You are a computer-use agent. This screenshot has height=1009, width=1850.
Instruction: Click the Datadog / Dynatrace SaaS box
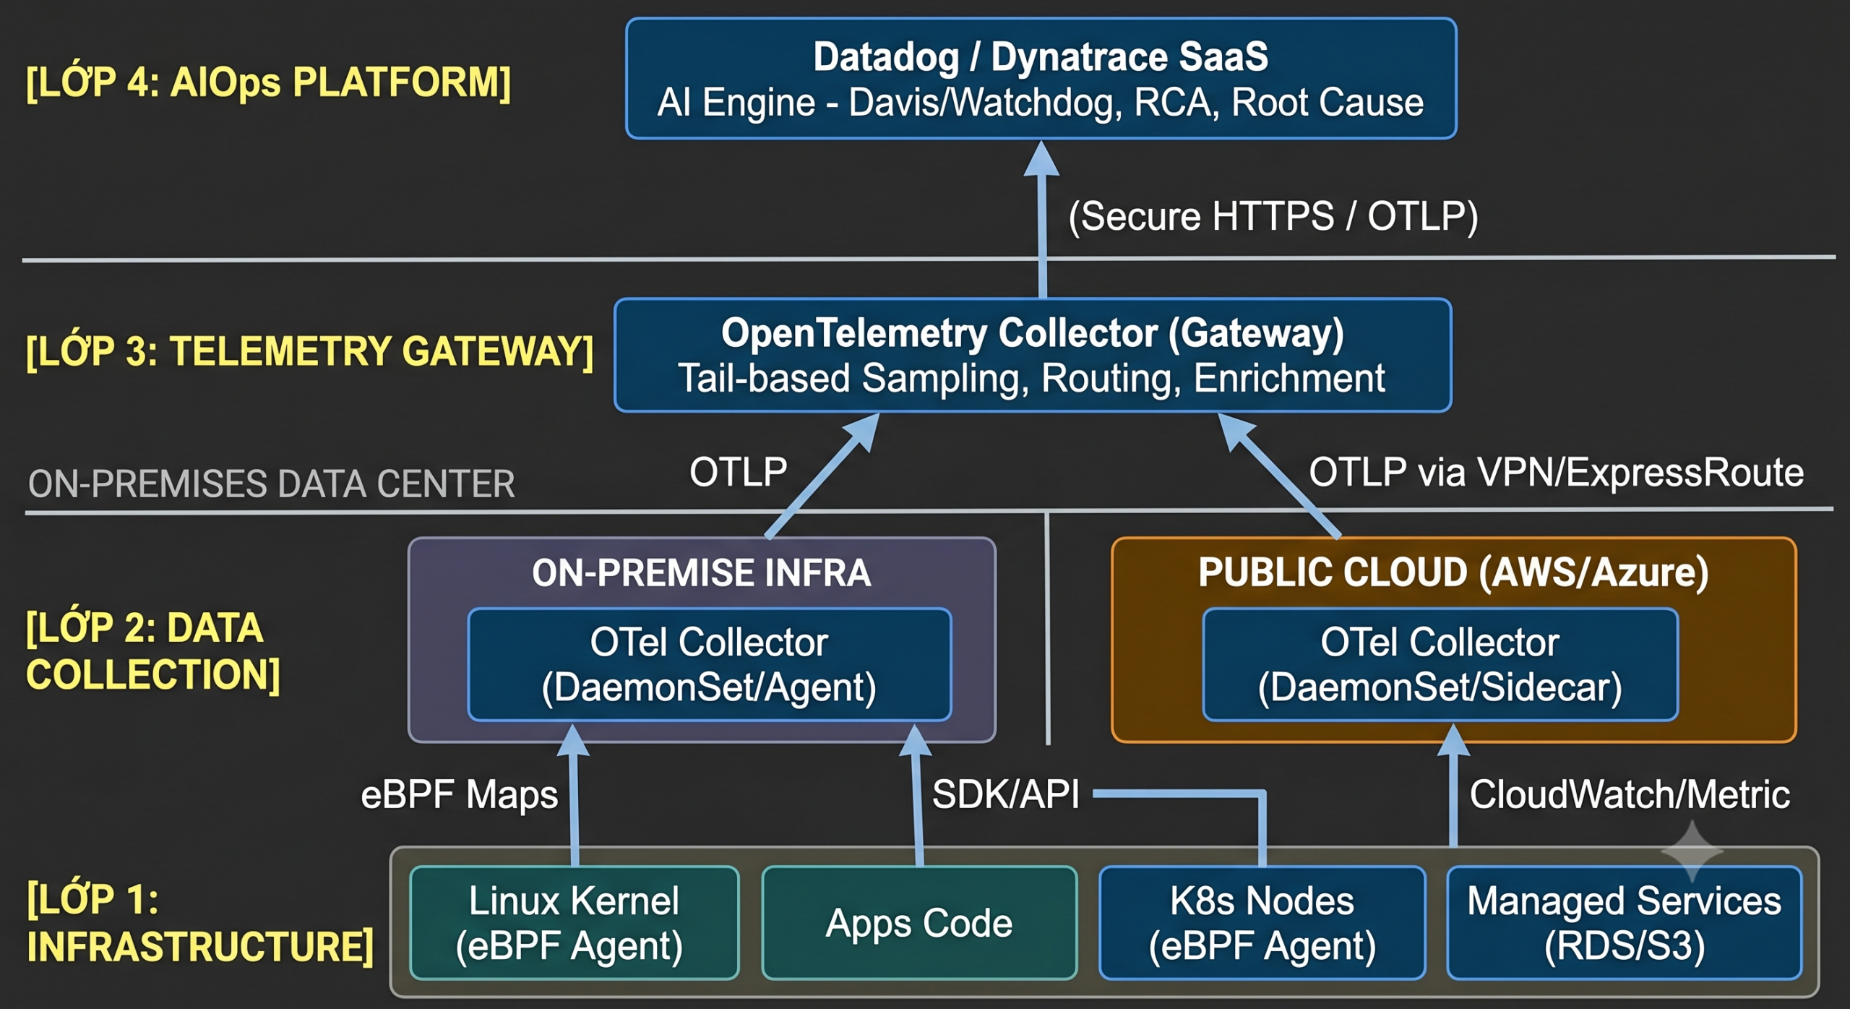pos(1041,78)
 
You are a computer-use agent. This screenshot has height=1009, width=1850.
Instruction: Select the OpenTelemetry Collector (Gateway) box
pos(1033,355)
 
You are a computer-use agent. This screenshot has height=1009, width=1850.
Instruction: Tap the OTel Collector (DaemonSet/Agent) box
pos(710,664)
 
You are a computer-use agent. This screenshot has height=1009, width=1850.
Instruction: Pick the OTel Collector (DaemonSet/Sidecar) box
pos(1440,664)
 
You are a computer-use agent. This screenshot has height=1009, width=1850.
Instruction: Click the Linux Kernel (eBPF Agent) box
pos(575,922)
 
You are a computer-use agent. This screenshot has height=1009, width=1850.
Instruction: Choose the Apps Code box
pos(919,922)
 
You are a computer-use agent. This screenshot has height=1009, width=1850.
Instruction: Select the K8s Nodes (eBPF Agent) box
pos(1262,922)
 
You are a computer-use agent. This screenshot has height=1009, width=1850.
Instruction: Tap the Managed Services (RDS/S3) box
pos(1625,922)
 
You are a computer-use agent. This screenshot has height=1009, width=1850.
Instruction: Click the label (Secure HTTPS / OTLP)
pos(1273,216)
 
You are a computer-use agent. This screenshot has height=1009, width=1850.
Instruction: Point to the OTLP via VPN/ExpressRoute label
pos(1557,473)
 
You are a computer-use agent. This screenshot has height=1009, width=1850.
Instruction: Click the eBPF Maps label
pos(460,795)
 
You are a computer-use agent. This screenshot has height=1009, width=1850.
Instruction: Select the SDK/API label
pos(1006,794)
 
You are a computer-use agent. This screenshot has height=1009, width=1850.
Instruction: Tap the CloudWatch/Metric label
pos(1630,794)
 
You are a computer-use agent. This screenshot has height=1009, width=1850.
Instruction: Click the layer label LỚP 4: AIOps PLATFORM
pos(268,82)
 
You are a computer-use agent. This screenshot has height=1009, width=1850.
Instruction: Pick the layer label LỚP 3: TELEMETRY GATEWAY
pos(309,351)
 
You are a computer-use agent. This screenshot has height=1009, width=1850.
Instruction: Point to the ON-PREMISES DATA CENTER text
pos(271,484)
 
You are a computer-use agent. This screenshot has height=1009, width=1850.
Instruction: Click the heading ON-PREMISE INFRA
pos(702,572)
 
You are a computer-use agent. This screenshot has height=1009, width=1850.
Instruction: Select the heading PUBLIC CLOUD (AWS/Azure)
pos(1454,572)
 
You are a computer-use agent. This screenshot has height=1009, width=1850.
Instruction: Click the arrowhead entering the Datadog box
pos(1041,158)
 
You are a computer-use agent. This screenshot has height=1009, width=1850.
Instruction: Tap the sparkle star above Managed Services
pos(1692,851)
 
